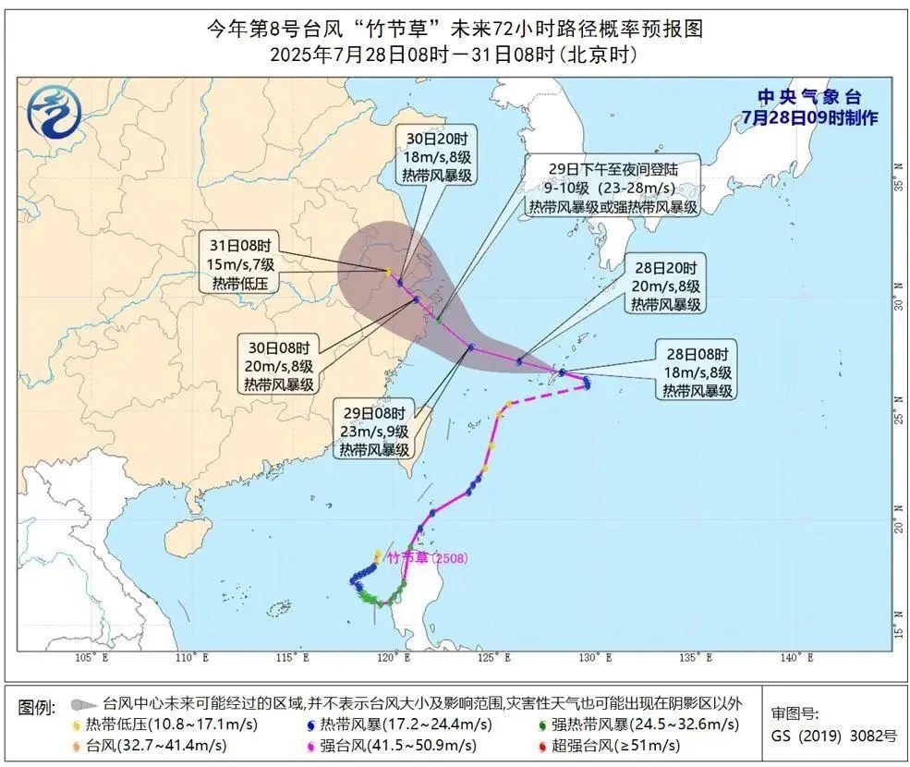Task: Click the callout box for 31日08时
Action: click(237, 264)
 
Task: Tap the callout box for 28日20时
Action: click(665, 283)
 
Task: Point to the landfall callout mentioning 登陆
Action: click(613, 188)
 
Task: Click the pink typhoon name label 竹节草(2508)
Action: click(429, 557)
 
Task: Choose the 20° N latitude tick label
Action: click(898, 526)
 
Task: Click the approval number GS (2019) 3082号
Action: click(833, 737)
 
